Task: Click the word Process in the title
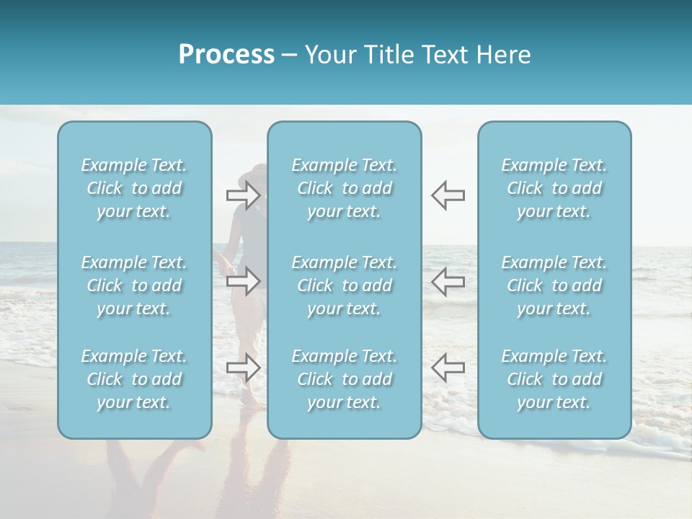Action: [x=226, y=55]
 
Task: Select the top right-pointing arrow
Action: [x=243, y=195]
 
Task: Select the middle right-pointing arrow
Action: [x=243, y=281]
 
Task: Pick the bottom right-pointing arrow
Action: [x=243, y=368]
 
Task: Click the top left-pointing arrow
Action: [x=448, y=195]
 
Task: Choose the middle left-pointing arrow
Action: [x=448, y=281]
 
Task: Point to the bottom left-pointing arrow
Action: [x=448, y=368]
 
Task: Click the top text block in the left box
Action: [x=134, y=188]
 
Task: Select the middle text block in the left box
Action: [x=134, y=285]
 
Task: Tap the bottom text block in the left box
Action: [x=134, y=379]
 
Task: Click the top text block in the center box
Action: [x=344, y=188]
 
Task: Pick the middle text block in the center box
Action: [x=344, y=285]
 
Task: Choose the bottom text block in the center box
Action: [x=344, y=379]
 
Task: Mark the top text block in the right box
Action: [x=554, y=188]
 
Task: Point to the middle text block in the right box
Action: [x=554, y=285]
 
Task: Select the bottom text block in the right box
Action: [x=554, y=379]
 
